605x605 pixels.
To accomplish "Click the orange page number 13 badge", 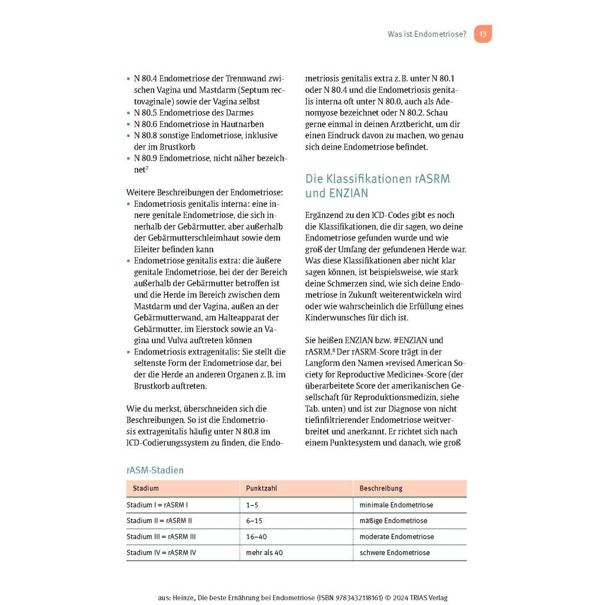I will (x=483, y=34).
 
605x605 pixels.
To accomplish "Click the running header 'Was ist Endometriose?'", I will (x=427, y=34).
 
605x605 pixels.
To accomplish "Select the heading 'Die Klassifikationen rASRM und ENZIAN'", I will (x=373, y=186).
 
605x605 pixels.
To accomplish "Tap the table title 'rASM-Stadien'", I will (x=155, y=470).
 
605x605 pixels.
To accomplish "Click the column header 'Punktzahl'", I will (x=262, y=489).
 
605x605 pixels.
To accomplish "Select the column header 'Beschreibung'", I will (x=380, y=489).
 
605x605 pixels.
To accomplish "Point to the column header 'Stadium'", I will (x=146, y=489).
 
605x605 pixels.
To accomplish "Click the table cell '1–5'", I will (x=252, y=505).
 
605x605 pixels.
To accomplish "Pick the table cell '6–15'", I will (x=254, y=521).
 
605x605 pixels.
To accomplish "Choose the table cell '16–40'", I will (x=256, y=537).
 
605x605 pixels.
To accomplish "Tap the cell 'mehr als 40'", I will (x=265, y=553).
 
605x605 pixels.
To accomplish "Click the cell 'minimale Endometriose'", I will (x=396, y=505).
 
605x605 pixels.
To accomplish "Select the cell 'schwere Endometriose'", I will (x=394, y=553).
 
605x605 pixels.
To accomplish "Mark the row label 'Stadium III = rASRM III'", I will (x=161, y=537).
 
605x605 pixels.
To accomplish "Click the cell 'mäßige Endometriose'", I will (x=393, y=521).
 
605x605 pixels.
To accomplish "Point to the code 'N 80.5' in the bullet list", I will (x=145, y=113).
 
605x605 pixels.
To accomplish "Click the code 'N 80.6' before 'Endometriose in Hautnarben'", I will (x=145, y=124).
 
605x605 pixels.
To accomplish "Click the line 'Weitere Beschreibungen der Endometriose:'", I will (x=204, y=192).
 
